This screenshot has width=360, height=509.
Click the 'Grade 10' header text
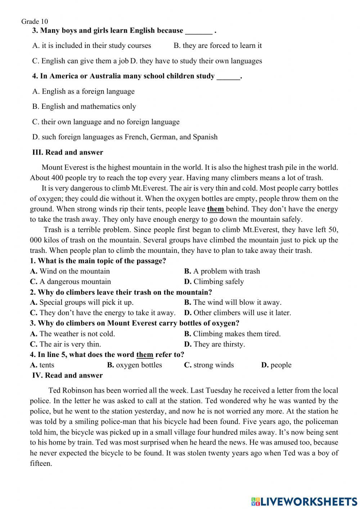tap(35, 22)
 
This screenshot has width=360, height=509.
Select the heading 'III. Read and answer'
tap(68, 152)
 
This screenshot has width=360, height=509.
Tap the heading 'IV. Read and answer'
tap(67, 375)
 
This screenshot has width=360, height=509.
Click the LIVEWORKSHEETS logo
tap(304, 501)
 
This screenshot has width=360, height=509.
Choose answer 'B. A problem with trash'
tap(222, 271)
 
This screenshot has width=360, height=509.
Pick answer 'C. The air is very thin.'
tap(66, 344)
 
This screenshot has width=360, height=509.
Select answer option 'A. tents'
tap(42, 365)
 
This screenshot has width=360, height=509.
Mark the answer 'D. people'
tap(276, 365)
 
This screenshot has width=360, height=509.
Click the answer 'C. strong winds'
tap(209, 365)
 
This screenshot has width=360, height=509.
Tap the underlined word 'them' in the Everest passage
tap(215, 209)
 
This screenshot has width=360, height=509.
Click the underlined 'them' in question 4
tap(145, 354)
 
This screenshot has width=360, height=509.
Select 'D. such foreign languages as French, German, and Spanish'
tap(125, 137)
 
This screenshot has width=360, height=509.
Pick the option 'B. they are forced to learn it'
tap(217, 46)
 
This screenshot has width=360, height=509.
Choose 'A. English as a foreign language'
tap(83, 91)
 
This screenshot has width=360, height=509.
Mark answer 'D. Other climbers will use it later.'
tap(237, 313)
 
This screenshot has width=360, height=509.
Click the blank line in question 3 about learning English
tap(199, 31)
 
